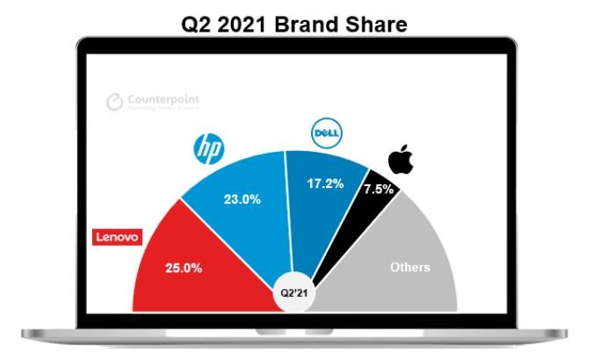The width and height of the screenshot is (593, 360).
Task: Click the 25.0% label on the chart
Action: click(185, 267)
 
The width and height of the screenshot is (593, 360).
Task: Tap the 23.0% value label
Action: click(243, 199)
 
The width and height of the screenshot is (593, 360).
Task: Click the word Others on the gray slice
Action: click(410, 267)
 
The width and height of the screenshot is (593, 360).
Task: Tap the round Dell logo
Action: click(326, 133)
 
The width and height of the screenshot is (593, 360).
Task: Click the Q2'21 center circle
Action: click(295, 294)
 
